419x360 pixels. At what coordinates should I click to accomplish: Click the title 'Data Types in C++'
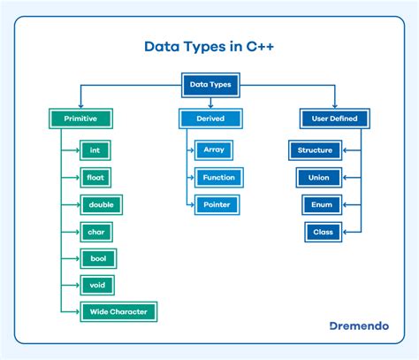(209, 45)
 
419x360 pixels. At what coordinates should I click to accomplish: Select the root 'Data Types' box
(209, 85)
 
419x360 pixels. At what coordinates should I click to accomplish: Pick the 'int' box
(95, 150)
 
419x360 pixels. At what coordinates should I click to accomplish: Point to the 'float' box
(95, 177)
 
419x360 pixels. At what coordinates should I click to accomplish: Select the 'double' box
(100, 204)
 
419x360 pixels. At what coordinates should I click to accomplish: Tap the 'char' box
(95, 232)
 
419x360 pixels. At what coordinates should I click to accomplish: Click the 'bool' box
(96, 258)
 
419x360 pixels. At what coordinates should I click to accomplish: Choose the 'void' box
(96, 285)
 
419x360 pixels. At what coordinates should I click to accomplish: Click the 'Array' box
(214, 150)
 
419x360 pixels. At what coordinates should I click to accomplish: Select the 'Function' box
(218, 177)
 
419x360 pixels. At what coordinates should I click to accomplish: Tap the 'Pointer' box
(217, 204)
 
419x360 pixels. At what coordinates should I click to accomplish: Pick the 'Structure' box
(316, 150)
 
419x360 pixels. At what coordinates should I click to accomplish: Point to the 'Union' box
(319, 177)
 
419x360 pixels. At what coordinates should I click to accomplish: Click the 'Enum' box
(319, 204)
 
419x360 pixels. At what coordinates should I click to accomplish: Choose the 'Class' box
(319, 232)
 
